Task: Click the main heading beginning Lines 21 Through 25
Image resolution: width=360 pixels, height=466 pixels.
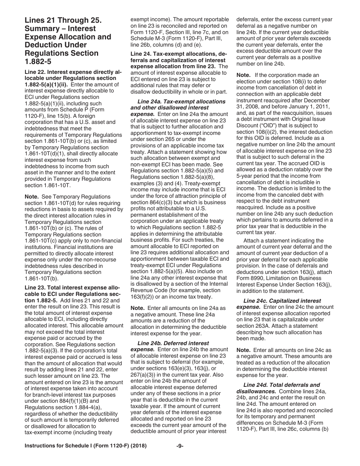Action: coord(68,41)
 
